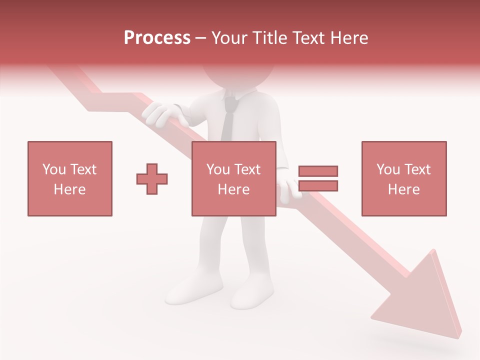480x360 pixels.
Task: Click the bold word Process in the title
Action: click(x=157, y=38)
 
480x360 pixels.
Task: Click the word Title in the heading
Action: click(x=270, y=38)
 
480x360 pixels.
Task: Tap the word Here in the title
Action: click(x=348, y=38)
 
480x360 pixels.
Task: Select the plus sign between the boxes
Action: click(x=152, y=179)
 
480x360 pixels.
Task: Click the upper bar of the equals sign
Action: click(x=318, y=171)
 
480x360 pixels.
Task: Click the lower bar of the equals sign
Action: click(x=318, y=186)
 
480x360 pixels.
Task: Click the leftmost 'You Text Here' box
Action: click(x=70, y=178)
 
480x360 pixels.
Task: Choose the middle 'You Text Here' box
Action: click(x=233, y=178)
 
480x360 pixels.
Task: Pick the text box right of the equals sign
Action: click(x=404, y=178)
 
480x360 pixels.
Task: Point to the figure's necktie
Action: click(x=228, y=120)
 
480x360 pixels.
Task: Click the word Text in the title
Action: click(x=308, y=38)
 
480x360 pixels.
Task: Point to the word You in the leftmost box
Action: click(x=54, y=169)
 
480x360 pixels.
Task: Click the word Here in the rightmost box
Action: click(x=404, y=189)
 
